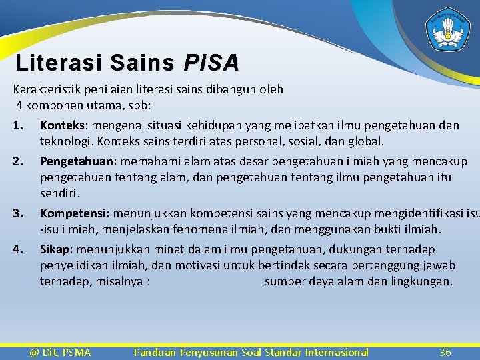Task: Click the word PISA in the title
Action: [x=212, y=63]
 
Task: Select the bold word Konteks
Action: [x=64, y=125]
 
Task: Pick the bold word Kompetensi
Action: [x=75, y=214]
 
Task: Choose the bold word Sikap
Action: [x=57, y=249]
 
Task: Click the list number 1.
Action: [x=18, y=126]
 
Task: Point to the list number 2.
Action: [x=18, y=162]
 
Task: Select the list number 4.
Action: [x=18, y=250]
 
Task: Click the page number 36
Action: [x=445, y=352]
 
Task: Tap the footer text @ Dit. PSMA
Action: [x=60, y=352]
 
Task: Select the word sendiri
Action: [x=59, y=194]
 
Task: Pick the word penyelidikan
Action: [x=74, y=265]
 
